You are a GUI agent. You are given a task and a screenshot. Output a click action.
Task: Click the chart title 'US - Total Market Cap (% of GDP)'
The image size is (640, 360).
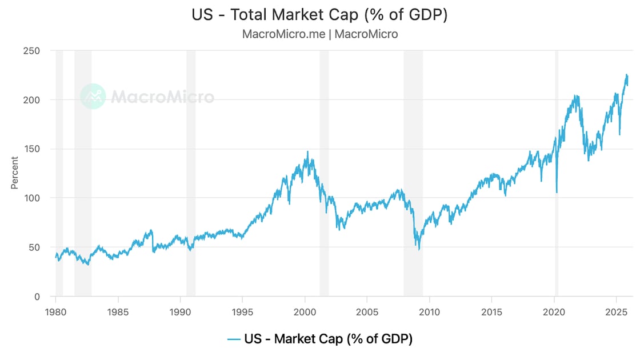click(319, 15)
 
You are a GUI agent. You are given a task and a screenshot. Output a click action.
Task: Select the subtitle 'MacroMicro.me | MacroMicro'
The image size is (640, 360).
click(319, 34)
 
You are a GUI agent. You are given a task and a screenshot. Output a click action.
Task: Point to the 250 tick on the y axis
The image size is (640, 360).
click(32, 51)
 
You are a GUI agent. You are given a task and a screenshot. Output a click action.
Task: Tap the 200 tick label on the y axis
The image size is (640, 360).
click(32, 100)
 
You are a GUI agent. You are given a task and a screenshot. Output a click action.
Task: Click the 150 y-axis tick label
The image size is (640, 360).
click(32, 149)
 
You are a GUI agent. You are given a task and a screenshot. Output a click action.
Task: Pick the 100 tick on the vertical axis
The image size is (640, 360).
click(32, 198)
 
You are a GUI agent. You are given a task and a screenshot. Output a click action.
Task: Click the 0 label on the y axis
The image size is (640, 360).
click(37, 297)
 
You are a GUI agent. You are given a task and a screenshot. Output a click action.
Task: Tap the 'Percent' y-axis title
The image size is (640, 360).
click(14, 173)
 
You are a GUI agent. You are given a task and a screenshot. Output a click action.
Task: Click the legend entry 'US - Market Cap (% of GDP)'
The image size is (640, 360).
click(319, 339)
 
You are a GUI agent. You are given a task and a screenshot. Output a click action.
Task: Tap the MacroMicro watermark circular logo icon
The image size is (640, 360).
click(93, 97)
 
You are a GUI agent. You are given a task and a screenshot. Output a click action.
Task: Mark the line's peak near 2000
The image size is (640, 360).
click(307, 152)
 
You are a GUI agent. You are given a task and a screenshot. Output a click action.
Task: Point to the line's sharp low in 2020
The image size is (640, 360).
click(557, 193)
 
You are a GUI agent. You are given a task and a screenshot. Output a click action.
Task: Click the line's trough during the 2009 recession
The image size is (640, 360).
click(419, 249)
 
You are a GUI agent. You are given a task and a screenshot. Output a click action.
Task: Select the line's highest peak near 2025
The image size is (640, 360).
click(626, 75)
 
